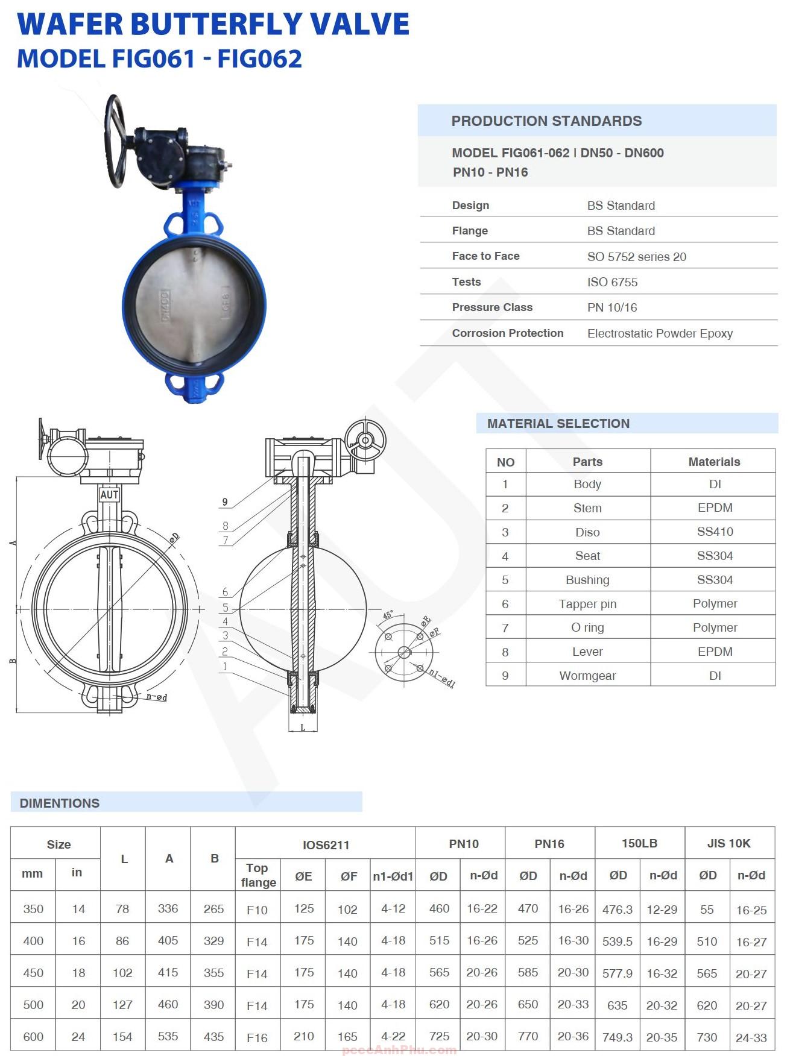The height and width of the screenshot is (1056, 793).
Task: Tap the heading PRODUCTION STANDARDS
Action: pos(546,121)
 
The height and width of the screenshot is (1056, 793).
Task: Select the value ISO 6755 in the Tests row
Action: pos(612,282)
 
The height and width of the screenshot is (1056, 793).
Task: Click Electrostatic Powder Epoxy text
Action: pos(660,333)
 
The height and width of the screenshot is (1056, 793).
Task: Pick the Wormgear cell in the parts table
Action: pos(587,676)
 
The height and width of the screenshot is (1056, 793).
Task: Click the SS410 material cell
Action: pos(715,532)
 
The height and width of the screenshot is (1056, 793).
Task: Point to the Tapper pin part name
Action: pos(587,604)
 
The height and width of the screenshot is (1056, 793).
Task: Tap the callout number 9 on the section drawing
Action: pos(225,501)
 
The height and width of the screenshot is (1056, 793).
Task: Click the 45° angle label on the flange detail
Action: pos(388,615)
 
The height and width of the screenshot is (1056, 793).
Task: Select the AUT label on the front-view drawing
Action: pos(109,495)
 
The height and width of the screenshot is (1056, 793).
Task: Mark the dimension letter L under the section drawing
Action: pos(303,728)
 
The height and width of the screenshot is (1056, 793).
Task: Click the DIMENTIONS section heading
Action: pos(59,803)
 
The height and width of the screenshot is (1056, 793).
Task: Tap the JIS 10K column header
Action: pos(728,843)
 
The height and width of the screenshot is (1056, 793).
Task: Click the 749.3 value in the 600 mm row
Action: pos(617,1037)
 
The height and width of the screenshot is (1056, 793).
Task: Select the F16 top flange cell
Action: pos(257,1037)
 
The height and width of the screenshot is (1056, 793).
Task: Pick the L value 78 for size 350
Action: pos(122,909)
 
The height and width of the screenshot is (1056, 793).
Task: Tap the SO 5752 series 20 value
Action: pos(636,257)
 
